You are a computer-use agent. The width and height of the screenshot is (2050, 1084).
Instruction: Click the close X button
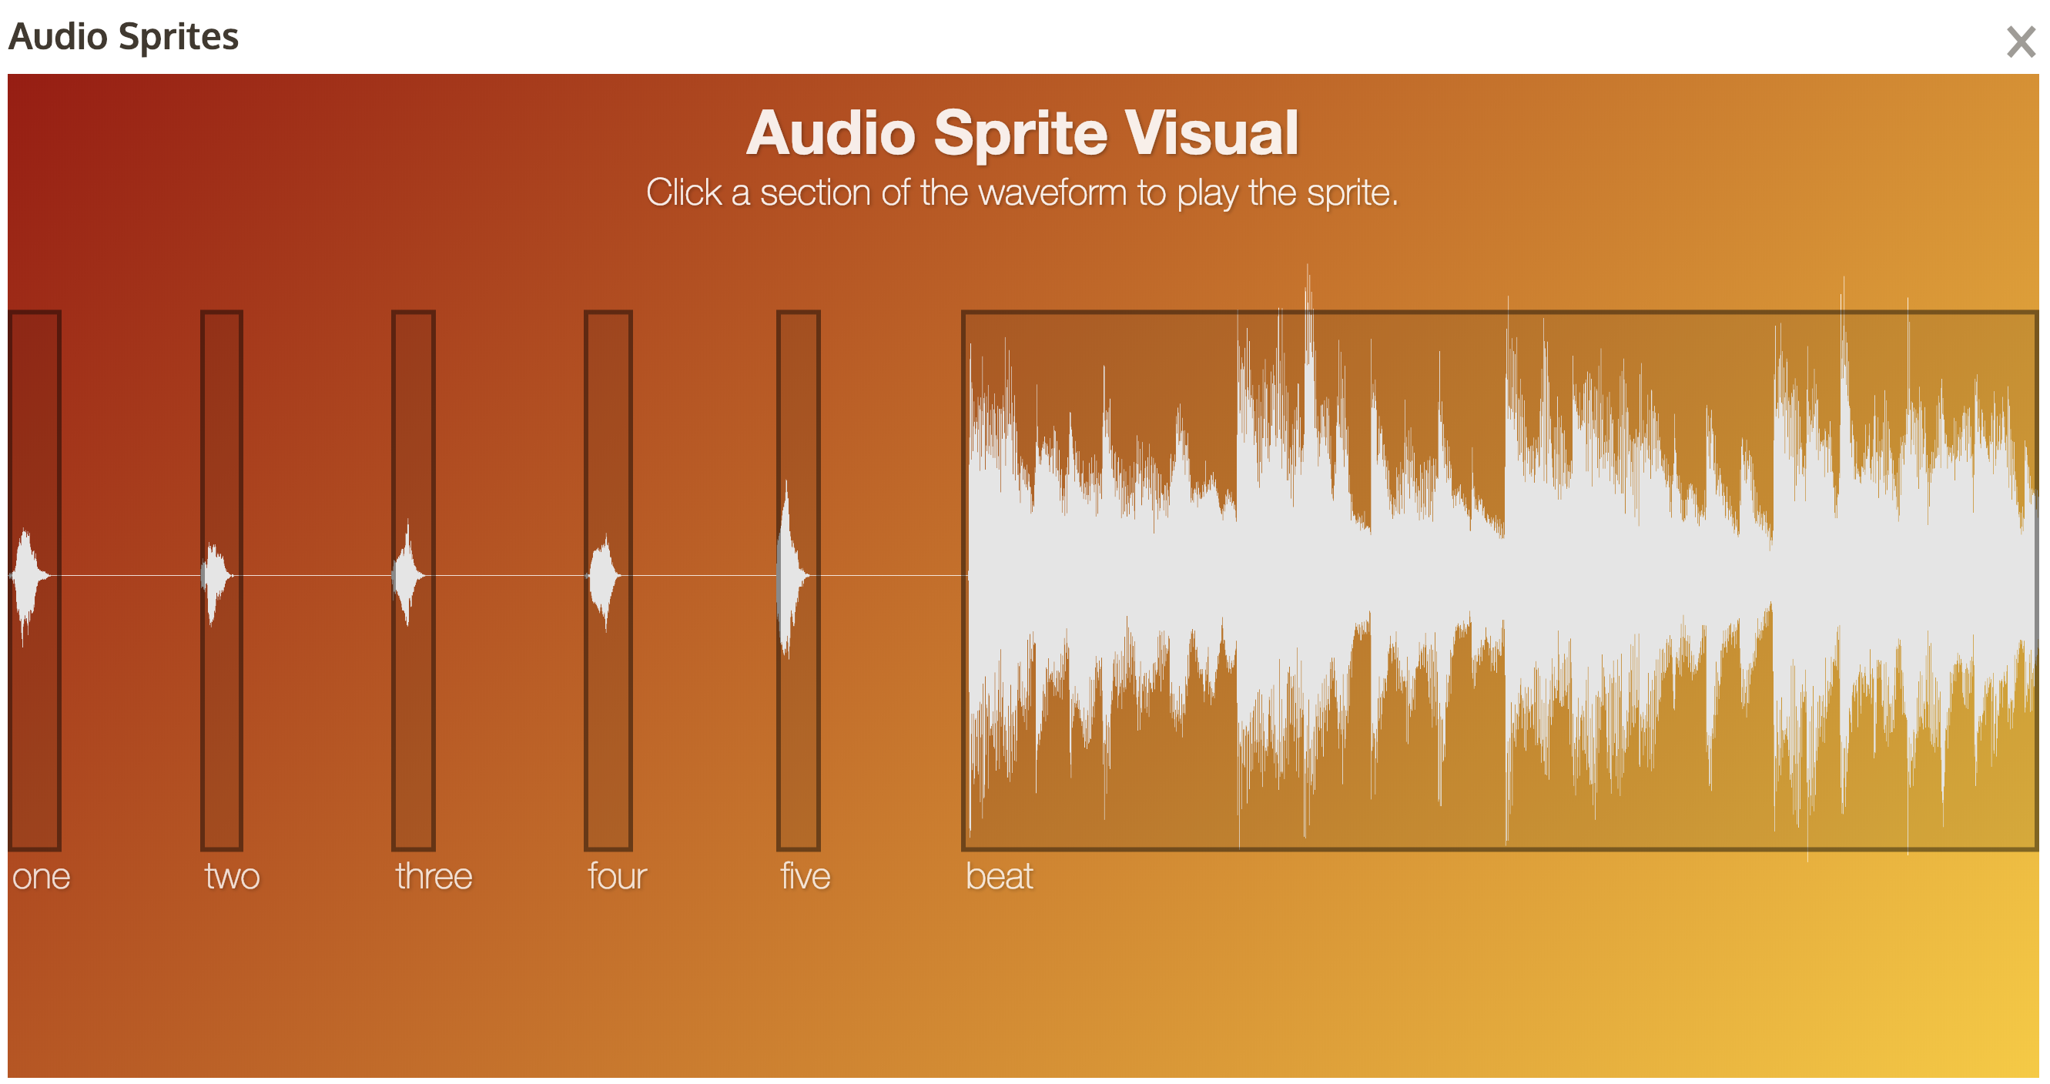point(2020,42)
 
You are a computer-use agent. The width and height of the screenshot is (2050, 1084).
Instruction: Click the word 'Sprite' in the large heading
point(1020,134)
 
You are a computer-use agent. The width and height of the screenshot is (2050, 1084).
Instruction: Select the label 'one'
point(42,876)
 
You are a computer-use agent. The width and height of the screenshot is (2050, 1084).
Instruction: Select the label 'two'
point(232,876)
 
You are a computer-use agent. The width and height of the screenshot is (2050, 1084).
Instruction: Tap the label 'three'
point(434,875)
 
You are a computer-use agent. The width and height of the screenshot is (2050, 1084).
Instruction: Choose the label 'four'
point(617,875)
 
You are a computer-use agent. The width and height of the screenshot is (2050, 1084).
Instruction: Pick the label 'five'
point(805,875)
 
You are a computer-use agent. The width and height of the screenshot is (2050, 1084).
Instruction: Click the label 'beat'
point(999,875)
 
